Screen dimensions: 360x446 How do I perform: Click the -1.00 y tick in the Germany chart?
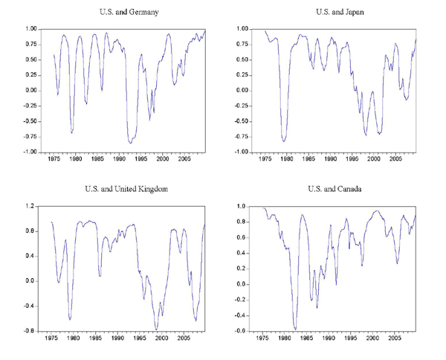click(x=30, y=152)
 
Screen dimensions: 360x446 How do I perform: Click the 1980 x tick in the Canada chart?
click(x=286, y=338)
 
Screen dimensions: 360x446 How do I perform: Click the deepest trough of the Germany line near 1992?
click(x=131, y=142)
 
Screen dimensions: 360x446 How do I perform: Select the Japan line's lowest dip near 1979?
click(x=284, y=141)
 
